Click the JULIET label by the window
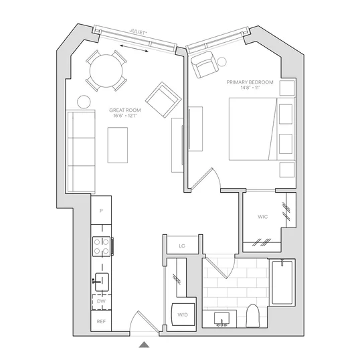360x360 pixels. (138, 32)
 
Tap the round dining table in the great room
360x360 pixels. (106, 71)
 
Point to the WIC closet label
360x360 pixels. (263, 217)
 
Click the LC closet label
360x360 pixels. (182, 246)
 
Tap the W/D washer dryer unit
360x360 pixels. (183, 314)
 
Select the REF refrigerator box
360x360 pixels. (101, 321)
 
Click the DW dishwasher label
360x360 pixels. (101, 301)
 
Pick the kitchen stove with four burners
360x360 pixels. (102, 246)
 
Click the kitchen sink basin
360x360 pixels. (102, 282)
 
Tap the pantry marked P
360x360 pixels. (101, 210)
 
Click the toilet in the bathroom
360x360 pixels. (252, 316)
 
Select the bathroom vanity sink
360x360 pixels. (221, 319)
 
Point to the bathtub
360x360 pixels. (282, 282)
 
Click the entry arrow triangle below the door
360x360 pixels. (144, 345)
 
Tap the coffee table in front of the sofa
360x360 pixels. (118, 145)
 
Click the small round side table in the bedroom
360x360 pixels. (221, 62)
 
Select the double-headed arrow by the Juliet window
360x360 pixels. (134, 48)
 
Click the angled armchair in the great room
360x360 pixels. (163, 100)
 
